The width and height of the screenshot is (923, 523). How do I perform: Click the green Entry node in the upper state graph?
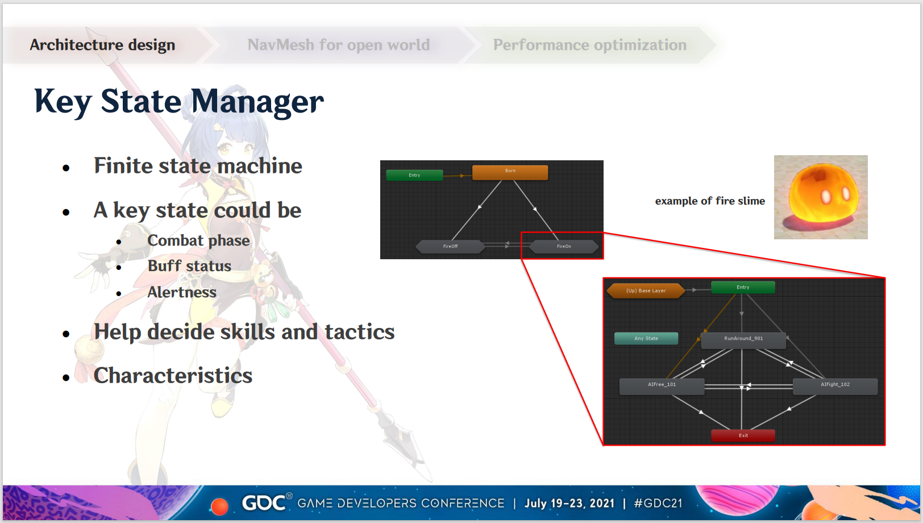[414, 175]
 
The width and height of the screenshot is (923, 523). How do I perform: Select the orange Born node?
[510, 172]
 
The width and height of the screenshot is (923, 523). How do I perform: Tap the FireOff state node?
[450, 247]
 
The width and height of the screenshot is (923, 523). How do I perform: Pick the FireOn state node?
[564, 247]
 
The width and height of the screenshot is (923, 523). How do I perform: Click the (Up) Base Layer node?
[646, 290]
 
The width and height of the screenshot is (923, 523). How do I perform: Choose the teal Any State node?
[646, 338]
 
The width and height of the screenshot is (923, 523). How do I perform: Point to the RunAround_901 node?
[743, 341]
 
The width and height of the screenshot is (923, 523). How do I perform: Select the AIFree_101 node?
[662, 387]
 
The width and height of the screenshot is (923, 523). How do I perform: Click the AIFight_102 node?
[835, 387]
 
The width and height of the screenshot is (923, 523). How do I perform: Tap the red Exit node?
[743, 435]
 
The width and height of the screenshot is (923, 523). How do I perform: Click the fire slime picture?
[821, 197]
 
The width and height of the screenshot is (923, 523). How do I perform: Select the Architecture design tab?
[103, 45]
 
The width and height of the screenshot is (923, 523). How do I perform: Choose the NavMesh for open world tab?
[338, 45]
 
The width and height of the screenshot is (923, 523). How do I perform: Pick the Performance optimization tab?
[589, 45]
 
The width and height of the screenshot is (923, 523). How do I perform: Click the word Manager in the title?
[257, 102]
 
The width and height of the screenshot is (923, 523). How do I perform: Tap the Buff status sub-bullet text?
[189, 266]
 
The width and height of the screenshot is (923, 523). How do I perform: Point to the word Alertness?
[182, 292]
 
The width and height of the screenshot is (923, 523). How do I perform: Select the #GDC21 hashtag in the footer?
[658, 503]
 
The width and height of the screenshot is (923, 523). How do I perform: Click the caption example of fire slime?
[710, 201]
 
